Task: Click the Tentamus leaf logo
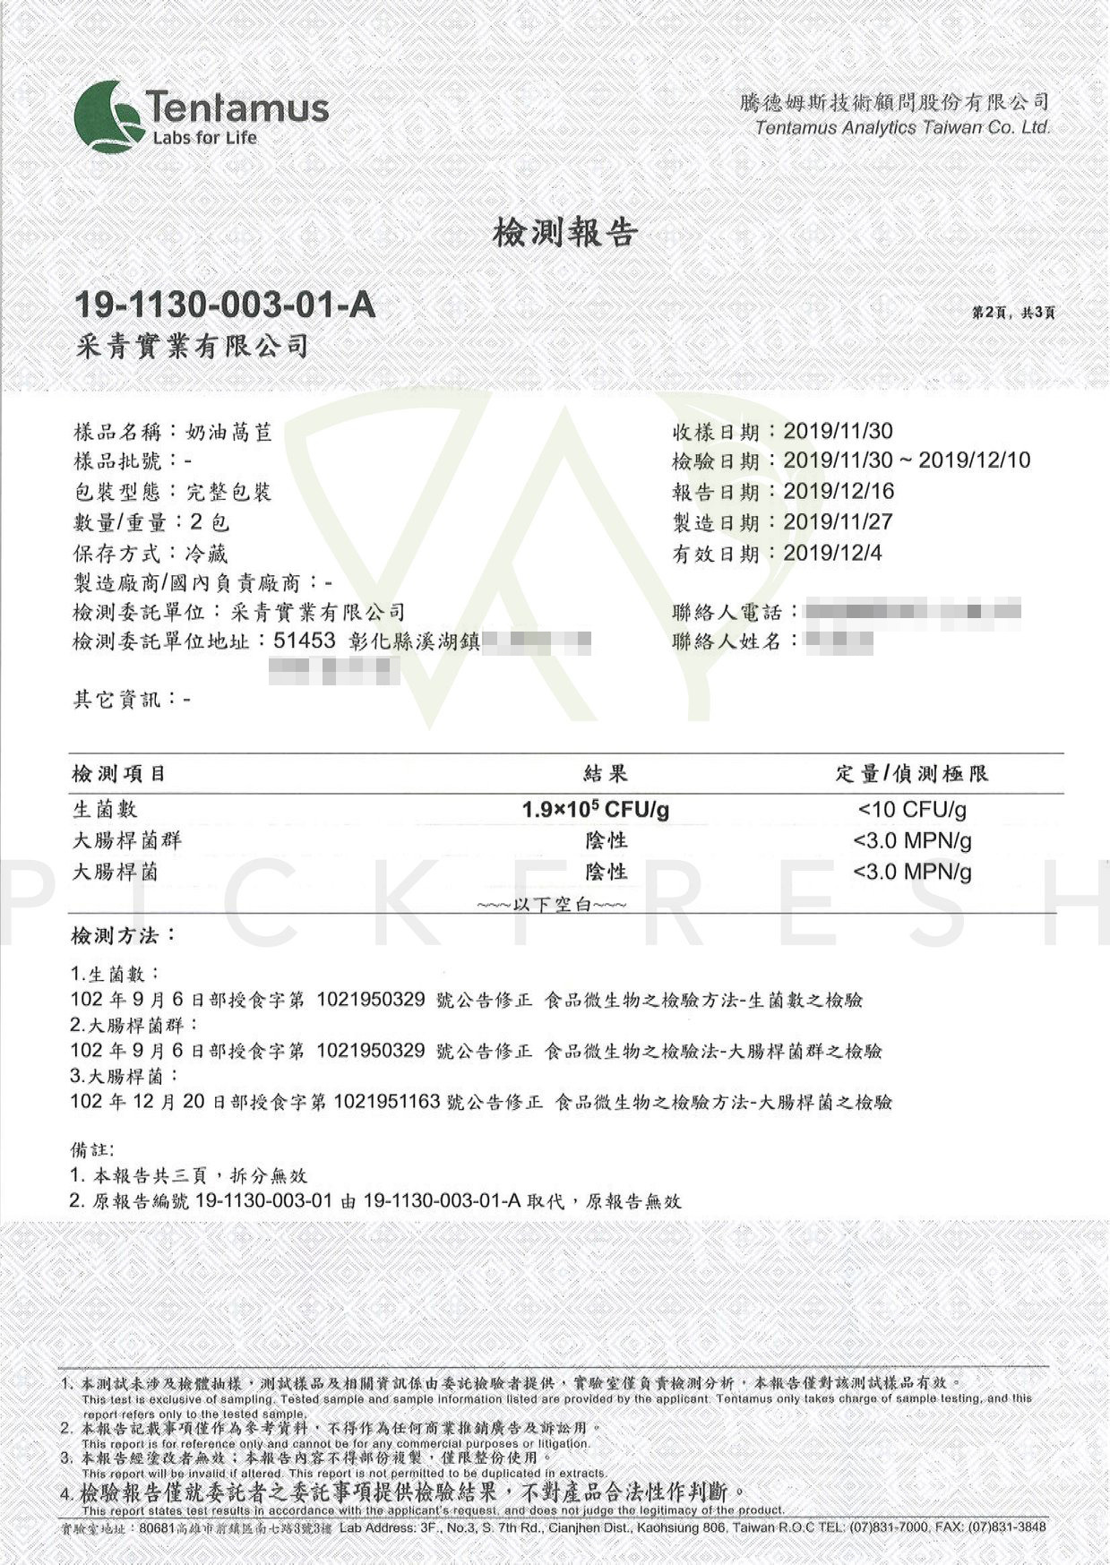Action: [108, 116]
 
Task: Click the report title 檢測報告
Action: [564, 233]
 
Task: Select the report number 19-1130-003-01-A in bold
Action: [224, 305]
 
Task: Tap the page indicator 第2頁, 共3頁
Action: [1013, 313]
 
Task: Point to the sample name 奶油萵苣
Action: [228, 433]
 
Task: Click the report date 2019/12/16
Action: [839, 491]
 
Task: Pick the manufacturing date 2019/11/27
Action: [839, 521]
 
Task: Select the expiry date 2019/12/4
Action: [832, 553]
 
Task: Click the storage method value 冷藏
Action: [206, 553]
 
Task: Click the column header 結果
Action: [606, 773]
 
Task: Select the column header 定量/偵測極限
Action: [912, 773]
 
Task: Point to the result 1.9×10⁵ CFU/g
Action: [596, 810]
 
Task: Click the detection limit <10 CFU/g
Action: [912, 810]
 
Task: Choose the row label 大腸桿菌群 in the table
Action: [126, 841]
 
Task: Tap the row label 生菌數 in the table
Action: [105, 810]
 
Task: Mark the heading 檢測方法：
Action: [124, 936]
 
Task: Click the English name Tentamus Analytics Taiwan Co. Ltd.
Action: [902, 127]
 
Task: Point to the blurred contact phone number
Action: [912, 613]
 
